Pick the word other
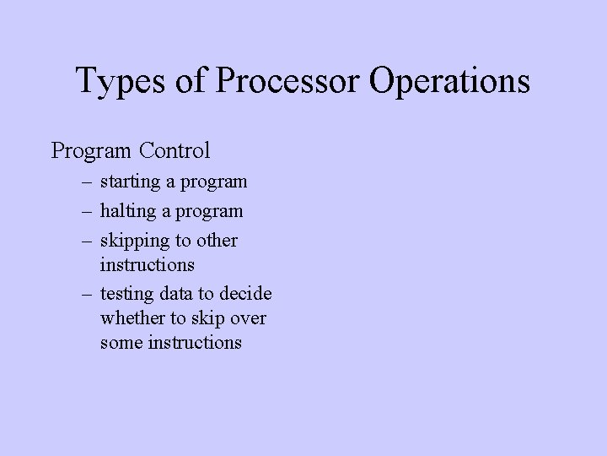click(x=218, y=241)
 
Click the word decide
click(x=246, y=294)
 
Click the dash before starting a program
click(x=87, y=182)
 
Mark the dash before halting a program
click(x=87, y=211)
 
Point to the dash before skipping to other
click(x=87, y=241)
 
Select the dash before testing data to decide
click(x=87, y=294)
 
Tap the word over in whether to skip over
click(x=248, y=318)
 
